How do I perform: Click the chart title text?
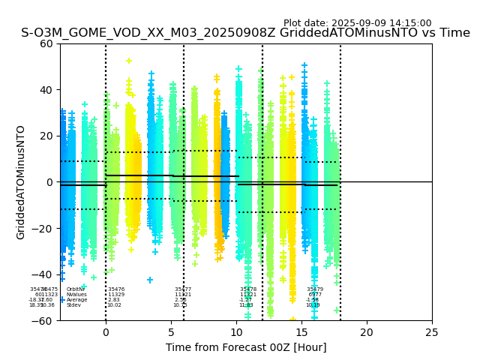click(245, 33)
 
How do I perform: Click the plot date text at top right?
click(357, 23)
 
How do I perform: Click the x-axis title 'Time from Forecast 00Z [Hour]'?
click(246, 347)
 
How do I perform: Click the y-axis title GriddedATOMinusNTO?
click(21, 182)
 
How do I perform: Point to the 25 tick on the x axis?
click(432, 331)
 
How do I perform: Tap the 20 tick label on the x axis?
click(367, 331)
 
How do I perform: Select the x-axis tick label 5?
click(171, 331)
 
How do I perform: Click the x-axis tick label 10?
click(236, 331)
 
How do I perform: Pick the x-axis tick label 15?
click(301, 331)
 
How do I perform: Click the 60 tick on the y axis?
click(46, 43)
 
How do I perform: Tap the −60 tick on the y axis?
click(43, 320)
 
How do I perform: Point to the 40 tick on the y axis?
click(46, 90)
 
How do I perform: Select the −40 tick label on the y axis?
click(43, 274)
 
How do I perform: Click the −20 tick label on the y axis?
click(43, 228)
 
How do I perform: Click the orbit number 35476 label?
click(116, 289)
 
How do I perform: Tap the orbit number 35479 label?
click(315, 289)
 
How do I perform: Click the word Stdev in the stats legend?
click(73, 305)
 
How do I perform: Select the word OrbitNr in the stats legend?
click(76, 289)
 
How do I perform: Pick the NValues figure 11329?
click(116, 295)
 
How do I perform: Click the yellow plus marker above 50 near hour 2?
click(129, 61)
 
